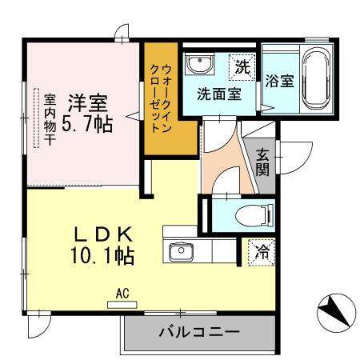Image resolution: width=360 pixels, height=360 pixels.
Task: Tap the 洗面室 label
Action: (218, 93)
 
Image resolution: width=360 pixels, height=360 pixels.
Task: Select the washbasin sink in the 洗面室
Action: (198, 65)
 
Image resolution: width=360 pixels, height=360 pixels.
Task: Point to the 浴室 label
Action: (280, 82)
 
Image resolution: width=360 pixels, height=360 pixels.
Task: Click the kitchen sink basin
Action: (182, 251)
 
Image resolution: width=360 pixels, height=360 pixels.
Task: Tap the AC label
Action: (122, 293)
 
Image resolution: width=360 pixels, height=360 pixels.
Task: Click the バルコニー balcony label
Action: (198, 331)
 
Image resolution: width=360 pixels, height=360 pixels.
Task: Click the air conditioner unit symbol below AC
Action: (122, 304)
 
